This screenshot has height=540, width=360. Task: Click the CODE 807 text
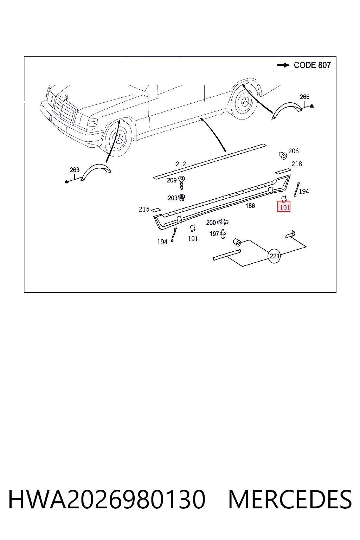point(312,65)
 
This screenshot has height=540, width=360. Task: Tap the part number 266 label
point(304,97)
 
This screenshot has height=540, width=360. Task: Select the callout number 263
point(75,170)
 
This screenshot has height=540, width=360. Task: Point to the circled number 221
point(275,256)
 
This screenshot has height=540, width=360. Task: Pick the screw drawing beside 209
point(181,182)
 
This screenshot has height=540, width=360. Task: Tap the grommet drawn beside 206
point(283,155)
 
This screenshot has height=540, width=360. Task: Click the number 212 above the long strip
point(181,164)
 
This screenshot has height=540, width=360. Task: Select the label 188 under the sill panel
point(250,206)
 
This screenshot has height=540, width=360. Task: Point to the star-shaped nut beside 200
point(223,222)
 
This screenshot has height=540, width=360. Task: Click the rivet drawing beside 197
point(223,234)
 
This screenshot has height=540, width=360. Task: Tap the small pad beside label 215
point(155,210)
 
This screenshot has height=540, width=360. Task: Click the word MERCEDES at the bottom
point(290,500)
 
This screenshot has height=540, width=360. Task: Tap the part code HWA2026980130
point(107,500)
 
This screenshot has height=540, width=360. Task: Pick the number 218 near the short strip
point(297,164)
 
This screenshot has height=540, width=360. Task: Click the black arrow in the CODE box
point(283,65)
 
